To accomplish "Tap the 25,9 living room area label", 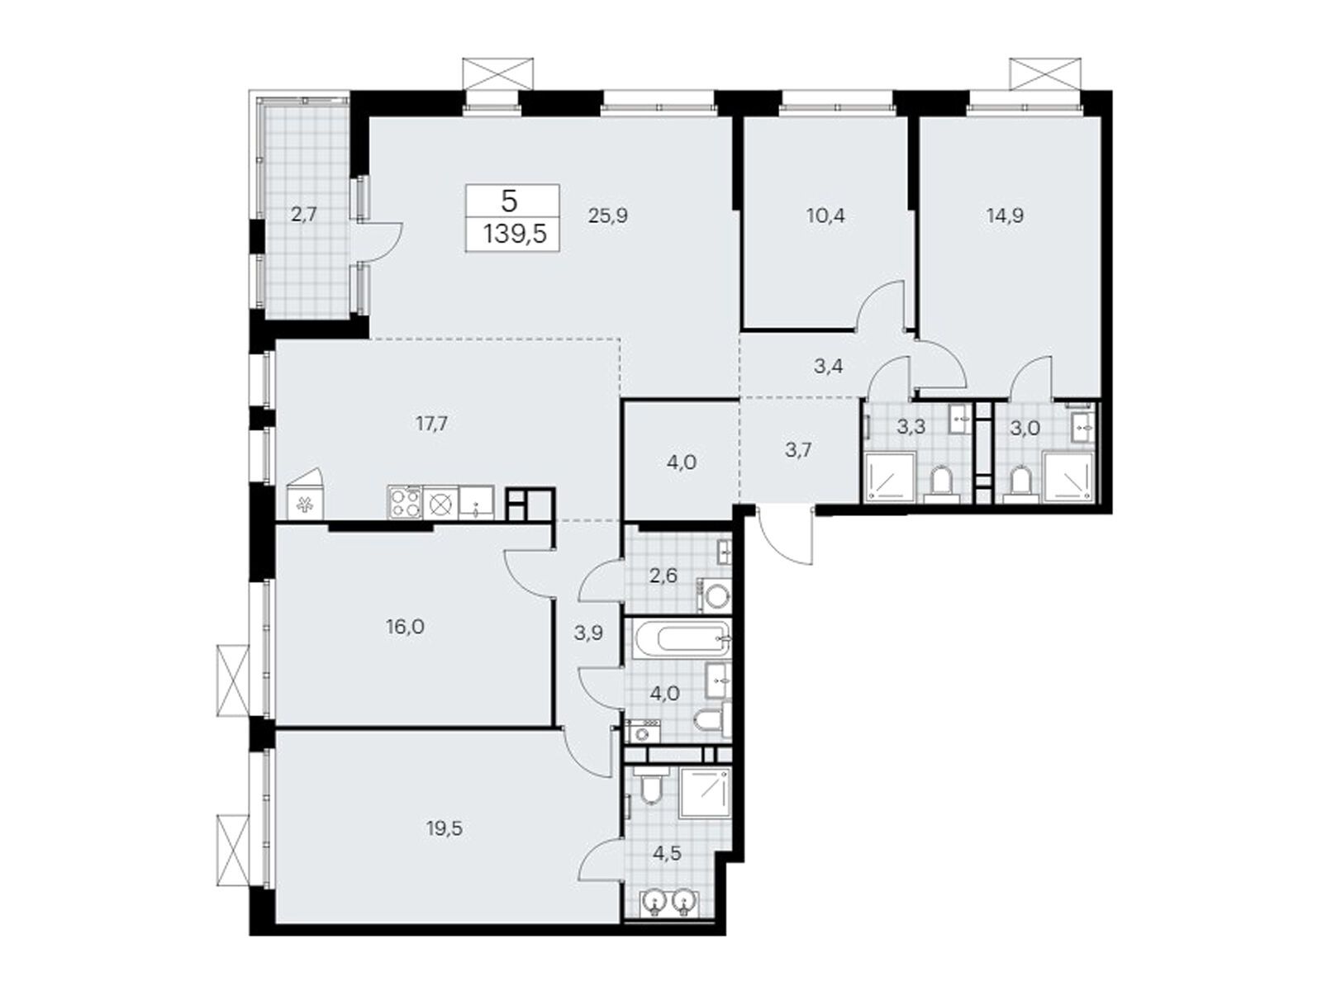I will [x=608, y=216].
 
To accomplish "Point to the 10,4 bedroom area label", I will [x=825, y=216].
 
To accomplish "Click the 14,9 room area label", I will [x=1005, y=216].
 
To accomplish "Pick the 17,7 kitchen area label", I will [x=432, y=424].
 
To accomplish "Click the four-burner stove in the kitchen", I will [x=404, y=503].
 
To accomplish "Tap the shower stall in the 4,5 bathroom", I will [x=704, y=792].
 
